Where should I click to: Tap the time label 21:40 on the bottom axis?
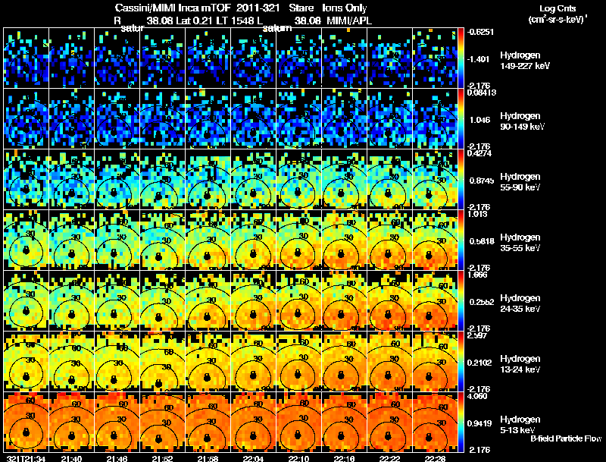click(x=71, y=458)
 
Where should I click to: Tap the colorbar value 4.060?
click(x=479, y=396)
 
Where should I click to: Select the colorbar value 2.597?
click(x=479, y=335)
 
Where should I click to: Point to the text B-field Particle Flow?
click(x=565, y=438)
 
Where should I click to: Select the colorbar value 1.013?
click(x=479, y=214)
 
